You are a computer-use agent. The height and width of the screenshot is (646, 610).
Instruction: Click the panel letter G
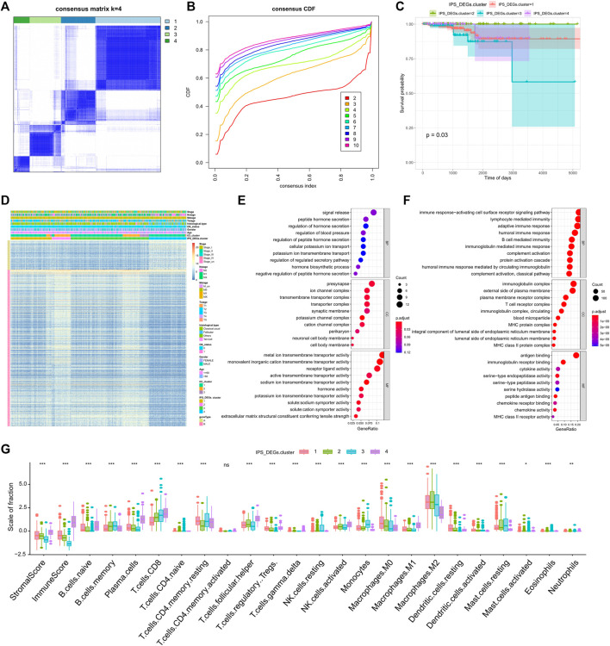coord(6,449)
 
